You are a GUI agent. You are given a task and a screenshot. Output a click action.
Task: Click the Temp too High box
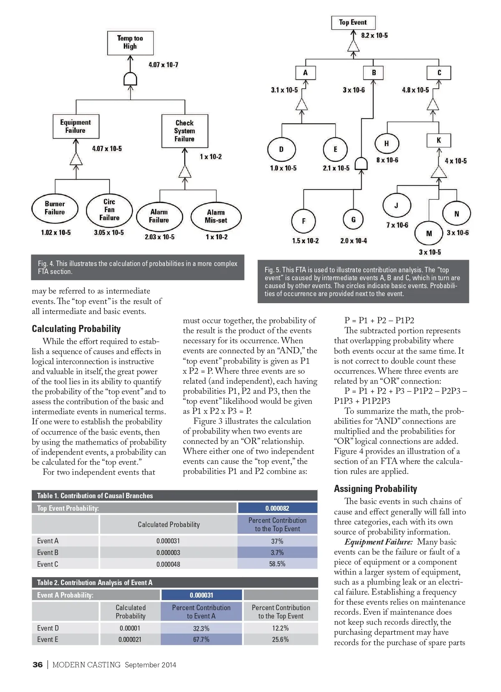130,43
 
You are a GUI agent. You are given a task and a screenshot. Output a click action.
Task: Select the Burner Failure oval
55,208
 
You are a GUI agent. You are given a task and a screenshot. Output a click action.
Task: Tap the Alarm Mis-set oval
216,216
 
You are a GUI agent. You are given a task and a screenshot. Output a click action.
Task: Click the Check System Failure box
185,131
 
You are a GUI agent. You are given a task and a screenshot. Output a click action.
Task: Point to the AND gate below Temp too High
130,79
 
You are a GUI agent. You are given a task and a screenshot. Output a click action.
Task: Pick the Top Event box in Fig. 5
353,23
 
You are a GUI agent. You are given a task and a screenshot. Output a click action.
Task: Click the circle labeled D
281,149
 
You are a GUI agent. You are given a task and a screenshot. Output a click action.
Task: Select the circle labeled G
353,220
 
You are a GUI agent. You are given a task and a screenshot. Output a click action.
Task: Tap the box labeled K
439,140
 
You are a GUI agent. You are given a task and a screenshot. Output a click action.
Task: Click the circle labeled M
429,233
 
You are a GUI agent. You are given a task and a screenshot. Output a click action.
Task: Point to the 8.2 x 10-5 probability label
374,35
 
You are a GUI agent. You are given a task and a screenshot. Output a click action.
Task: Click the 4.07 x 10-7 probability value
163,65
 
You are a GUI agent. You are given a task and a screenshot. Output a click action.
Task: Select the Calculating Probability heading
76,329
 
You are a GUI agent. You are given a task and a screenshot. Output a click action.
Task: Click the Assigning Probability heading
375,489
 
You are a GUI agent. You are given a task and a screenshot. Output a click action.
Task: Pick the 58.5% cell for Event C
277,564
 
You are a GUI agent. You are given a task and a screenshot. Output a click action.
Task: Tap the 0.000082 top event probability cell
277,508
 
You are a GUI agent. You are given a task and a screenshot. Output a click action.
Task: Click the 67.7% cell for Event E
201,639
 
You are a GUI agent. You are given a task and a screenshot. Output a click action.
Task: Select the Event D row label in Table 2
48,628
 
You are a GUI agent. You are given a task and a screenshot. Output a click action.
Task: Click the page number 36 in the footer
38,664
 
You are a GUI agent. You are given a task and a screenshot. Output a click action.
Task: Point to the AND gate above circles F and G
361,164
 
